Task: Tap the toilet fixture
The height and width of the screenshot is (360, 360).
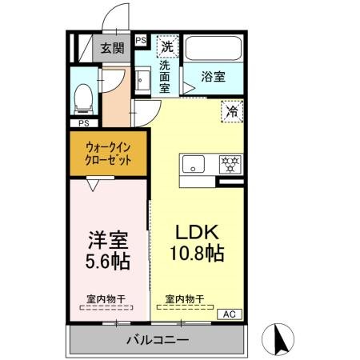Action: pos(81,98)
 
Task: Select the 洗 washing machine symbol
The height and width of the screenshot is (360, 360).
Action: pos(167,46)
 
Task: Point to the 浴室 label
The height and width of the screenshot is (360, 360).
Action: pos(213,78)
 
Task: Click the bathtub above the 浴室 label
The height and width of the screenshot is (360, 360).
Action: pos(214,49)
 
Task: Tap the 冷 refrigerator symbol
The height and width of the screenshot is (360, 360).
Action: pos(232,111)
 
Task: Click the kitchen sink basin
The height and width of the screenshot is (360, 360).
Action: pos(193,166)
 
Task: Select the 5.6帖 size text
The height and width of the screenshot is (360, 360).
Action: pos(106,261)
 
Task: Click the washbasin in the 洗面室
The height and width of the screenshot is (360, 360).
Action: pos(142,80)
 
